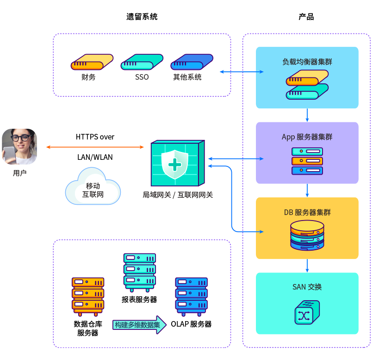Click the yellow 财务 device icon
tap(92, 62)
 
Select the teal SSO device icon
tap(142, 62)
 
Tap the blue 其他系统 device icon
tap(192, 62)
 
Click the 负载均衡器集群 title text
tap(307, 61)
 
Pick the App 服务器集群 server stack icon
tap(307, 161)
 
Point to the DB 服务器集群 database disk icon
tap(307, 235)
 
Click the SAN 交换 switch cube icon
tap(307, 312)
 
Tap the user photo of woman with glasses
tap(19, 146)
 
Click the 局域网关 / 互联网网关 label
tap(178, 195)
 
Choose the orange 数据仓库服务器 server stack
tap(88, 295)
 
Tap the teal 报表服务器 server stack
tap(139, 271)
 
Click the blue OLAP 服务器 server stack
tap(191, 295)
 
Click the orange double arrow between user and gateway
tap(95, 147)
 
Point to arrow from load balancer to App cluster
tap(307, 115)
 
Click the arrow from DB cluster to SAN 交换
tap(307, 265)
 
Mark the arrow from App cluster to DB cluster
tap(307, 190)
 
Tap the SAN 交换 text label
tap(307, 287)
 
